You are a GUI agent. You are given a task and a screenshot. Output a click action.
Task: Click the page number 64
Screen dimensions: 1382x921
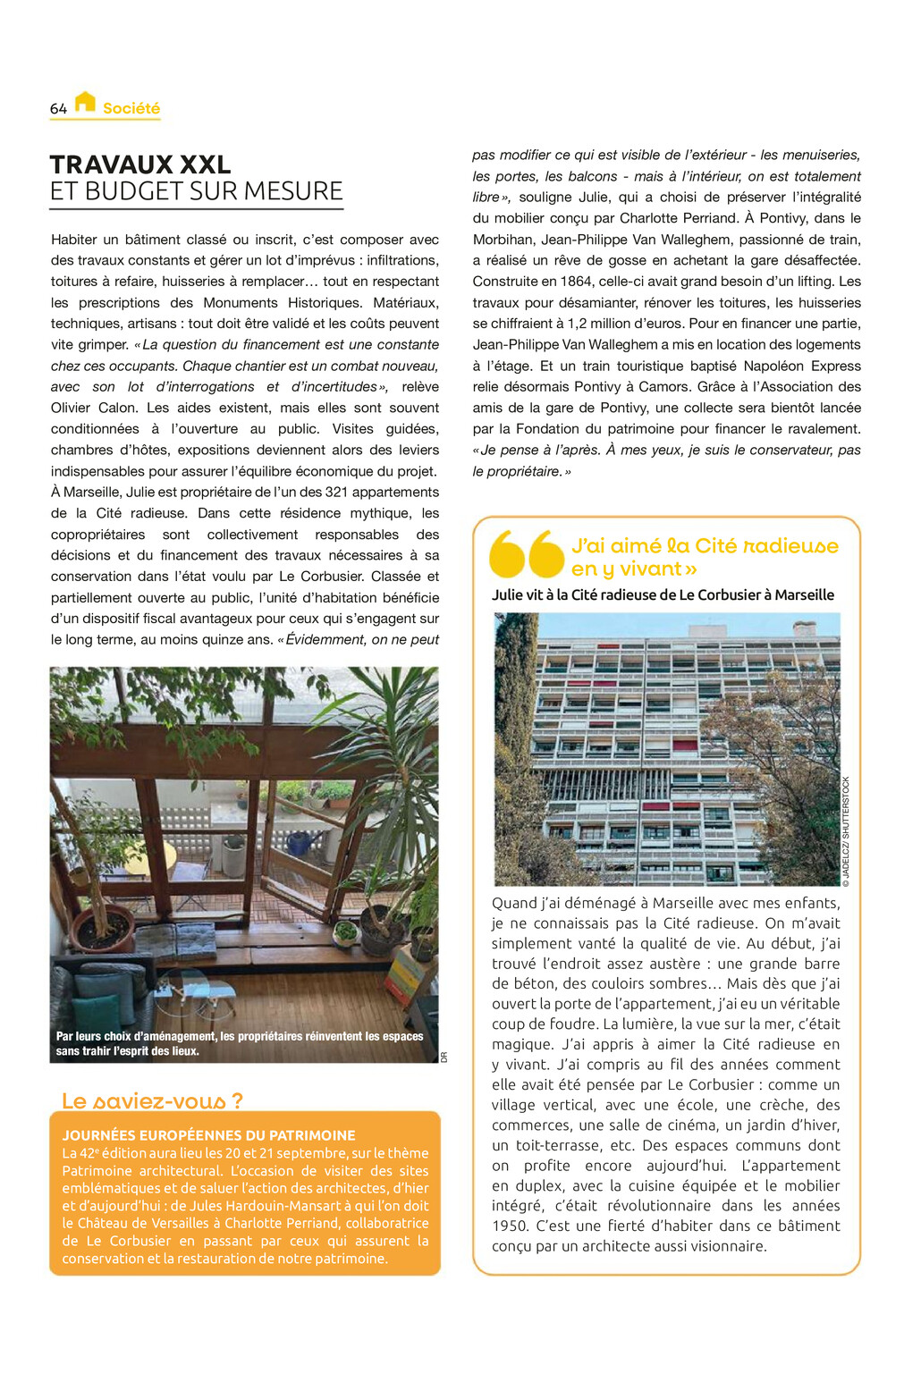58,108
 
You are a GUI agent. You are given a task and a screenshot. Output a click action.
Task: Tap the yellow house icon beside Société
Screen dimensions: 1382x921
85,102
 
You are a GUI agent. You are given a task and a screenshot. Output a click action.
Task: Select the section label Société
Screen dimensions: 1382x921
131,108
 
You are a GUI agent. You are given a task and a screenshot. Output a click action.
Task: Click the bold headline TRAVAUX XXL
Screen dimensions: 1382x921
140,164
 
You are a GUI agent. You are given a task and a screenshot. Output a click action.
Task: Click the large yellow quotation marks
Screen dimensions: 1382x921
527,554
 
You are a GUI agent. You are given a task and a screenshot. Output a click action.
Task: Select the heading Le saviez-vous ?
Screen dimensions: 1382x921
152,1100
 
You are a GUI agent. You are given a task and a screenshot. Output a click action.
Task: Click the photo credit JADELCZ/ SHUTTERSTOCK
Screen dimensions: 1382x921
847,831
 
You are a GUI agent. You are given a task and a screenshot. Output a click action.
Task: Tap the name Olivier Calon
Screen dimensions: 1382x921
89,408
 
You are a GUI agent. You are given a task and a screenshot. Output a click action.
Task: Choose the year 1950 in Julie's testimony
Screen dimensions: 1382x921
511,1226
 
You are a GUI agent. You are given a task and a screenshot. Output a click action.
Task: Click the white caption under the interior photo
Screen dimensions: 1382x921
240,1043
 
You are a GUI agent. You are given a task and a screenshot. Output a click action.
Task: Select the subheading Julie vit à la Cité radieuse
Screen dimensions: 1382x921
663,594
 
